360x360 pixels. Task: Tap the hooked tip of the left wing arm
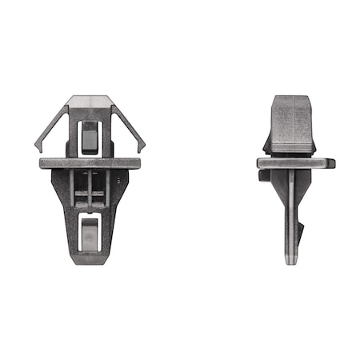click(x=38, y=148)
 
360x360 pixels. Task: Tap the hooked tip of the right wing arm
click(x=143, y=148)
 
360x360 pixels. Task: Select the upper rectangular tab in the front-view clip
click(x=90, y=136)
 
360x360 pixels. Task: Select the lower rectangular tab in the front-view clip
click(x=90, y=233)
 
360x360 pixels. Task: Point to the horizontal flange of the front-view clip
click(x=90, y=163)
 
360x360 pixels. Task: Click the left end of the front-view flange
click(x=42, y=163)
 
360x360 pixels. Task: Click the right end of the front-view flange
click(x=137, y=163)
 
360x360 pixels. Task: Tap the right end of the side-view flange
click(x=330, y=162)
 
